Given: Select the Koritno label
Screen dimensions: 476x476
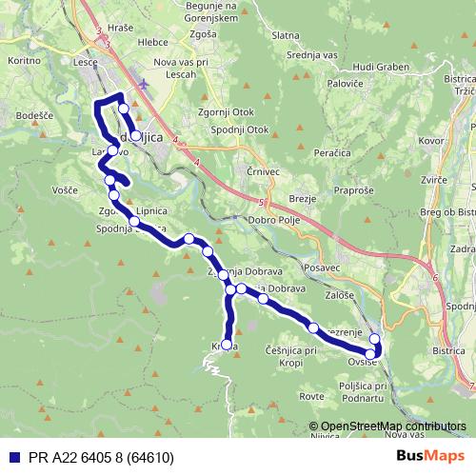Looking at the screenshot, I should (24, 60).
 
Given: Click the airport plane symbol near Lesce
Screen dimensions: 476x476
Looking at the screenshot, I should (143, 84).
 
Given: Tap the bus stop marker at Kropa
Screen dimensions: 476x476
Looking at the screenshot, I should (226, 345).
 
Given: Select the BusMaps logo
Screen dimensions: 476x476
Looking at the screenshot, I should (430, 456).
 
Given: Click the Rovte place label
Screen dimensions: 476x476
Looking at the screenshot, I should (311, 395).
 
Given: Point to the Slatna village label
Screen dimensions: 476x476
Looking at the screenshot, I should (285, 35).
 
